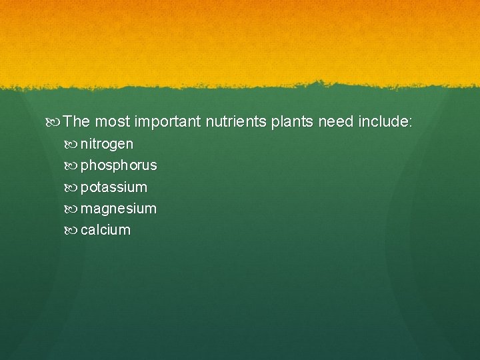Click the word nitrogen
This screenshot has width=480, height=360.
(x=107, y=144)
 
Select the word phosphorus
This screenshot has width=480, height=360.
(x=119, y=165)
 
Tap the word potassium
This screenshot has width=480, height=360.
(x=113, y=187)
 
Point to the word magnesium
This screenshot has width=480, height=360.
(x=118, y=209)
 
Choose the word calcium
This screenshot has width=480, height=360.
(x=105, y=230)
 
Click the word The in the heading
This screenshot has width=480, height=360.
(x=77, y=122)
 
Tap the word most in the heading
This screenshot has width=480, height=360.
(x=112, y=122)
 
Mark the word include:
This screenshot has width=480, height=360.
(x=386, y=122)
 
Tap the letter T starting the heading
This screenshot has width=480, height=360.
(x=69, y=122)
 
